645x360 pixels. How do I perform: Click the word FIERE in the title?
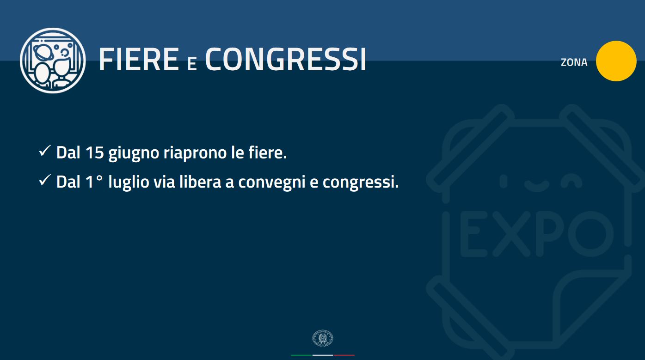[139, 59]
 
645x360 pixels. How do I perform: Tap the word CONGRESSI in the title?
[286, 59]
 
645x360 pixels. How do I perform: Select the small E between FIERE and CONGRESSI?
[192, 63]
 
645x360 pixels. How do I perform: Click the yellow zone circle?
[616, 61]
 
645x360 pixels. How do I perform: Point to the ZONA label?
[574, 62]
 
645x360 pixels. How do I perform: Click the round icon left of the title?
[53, 61]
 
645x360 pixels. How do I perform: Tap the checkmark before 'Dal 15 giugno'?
[45, 151]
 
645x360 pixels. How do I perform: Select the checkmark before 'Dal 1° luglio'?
[45, 180]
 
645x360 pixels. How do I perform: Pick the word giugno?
[134, 153]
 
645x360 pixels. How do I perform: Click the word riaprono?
[195, 153]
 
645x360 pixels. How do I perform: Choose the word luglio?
[129, 183]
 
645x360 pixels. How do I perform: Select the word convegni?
[272, 183]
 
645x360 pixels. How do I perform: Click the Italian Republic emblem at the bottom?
[323, 338]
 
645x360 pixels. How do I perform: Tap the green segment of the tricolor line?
[301, 355]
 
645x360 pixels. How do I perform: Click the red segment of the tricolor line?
[344, 355]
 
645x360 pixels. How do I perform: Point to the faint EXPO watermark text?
[536, 234]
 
